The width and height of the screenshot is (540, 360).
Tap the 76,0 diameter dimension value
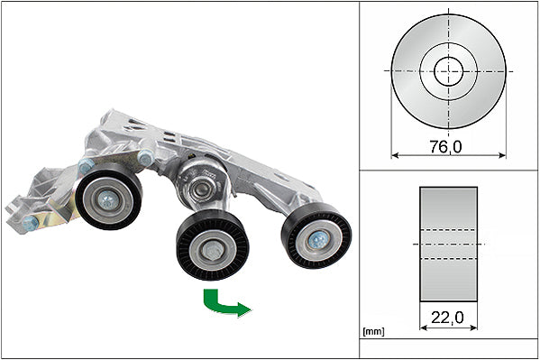[445, 147]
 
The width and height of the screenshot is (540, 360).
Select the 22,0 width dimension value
[447, 318]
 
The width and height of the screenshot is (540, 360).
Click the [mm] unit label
[373, 332]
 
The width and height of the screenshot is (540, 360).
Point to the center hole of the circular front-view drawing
[448, 71]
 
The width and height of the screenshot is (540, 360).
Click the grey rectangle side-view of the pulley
[448, 245]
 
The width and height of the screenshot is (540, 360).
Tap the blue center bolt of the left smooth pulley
[108, 200]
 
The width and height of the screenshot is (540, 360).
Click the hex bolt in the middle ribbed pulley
[210, 250]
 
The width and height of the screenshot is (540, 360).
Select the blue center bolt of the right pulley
[317, 240]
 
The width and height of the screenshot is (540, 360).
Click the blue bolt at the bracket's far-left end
[31, 224]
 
